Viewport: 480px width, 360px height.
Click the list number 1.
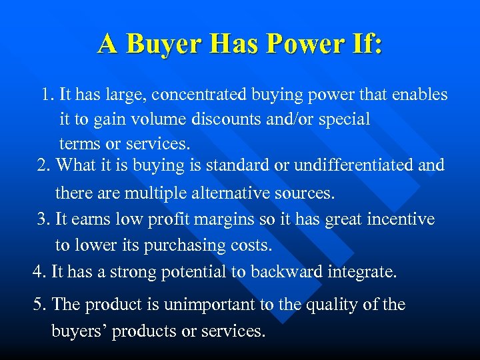point(46,95)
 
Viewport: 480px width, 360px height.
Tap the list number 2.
point(43,164)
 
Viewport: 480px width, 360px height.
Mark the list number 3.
point(43,219)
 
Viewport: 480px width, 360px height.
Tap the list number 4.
point(38,271)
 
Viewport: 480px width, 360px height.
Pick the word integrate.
point(363,271)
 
